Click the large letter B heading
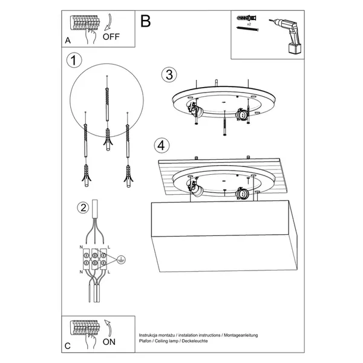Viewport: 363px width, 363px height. [146, 22]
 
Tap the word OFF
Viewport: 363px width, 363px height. [111, 36]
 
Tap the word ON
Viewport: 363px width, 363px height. [111, 341]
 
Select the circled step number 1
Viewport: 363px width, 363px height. [73, 60]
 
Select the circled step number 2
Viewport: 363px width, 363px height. [82, 208]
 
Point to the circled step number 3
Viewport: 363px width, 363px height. [169, 74]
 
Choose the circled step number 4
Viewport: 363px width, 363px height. [160, 145]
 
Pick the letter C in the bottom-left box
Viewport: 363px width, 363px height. [68, 345]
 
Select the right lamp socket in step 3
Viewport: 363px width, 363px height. [240, 114]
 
